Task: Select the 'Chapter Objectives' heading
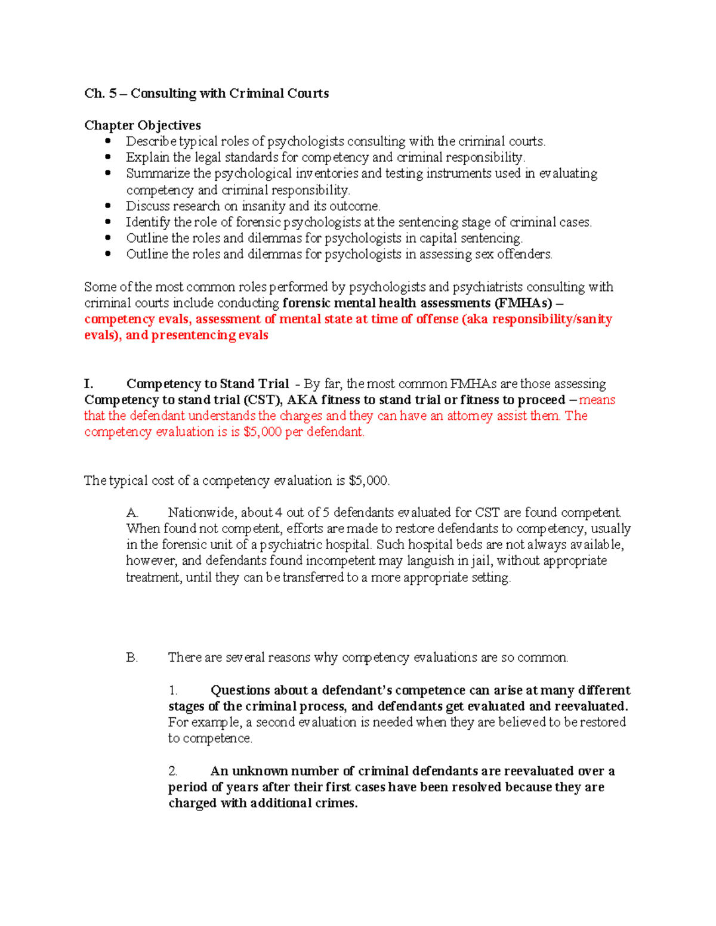(142, 125)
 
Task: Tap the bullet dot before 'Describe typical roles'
(108, 141)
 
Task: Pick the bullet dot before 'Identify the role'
(108, 222)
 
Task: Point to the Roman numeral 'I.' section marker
(89, 384)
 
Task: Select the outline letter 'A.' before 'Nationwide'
(132, 513)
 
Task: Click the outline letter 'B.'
(132, 658)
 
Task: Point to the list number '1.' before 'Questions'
(173, 690)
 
